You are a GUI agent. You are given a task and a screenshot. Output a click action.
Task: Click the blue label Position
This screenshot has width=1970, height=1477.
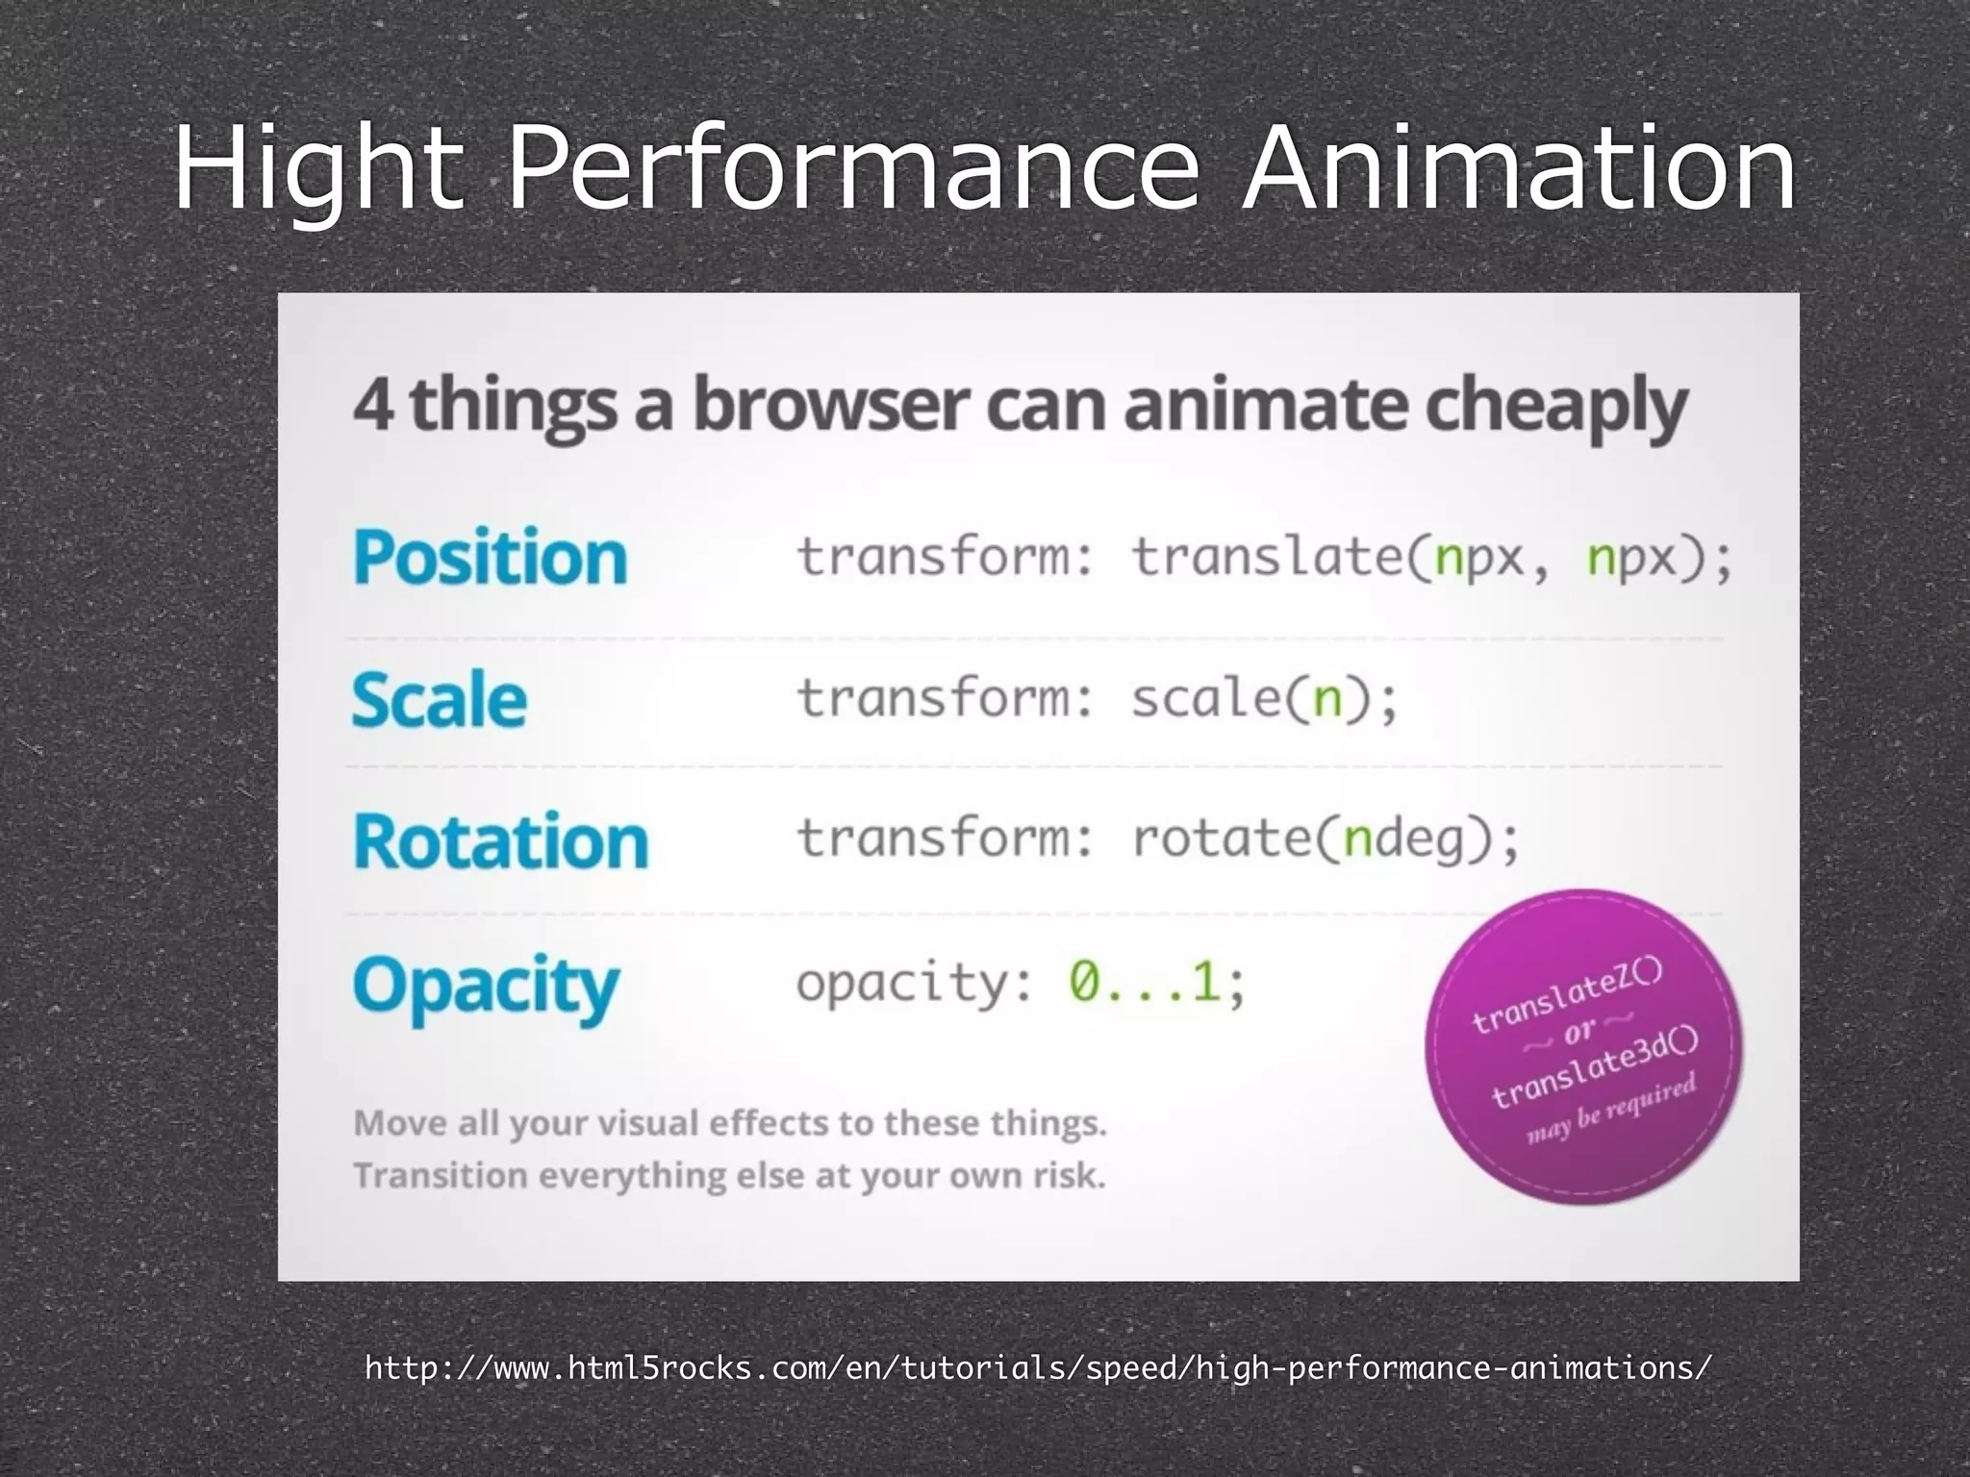490,558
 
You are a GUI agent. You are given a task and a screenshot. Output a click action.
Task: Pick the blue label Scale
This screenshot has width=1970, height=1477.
439,699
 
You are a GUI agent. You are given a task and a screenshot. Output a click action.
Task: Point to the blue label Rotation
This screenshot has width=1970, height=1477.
500,841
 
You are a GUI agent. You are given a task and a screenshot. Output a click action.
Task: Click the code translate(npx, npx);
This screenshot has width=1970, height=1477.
1431,558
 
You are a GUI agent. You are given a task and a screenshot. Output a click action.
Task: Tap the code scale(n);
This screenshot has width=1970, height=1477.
1264,698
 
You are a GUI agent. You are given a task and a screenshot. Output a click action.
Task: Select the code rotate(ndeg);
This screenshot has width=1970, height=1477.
1326,839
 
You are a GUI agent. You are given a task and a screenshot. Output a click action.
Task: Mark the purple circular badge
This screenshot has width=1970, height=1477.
1583,1046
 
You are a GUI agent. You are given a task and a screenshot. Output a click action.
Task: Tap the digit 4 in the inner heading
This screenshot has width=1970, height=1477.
372,405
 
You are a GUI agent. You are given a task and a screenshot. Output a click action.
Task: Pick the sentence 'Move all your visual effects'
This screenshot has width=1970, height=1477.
729,1123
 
